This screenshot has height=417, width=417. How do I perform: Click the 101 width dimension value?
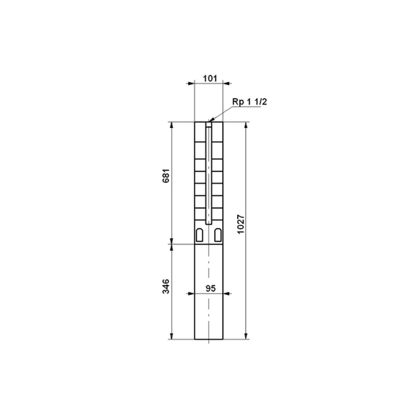pos(210,78)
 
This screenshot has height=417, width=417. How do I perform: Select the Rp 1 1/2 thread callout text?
pos(249,102)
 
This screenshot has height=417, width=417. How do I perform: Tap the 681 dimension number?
pos(165,176)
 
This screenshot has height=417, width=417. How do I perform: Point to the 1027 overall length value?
pos(241,224)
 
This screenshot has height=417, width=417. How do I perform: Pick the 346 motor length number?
pos(165,286)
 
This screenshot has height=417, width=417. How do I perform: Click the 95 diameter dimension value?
pos(211,288)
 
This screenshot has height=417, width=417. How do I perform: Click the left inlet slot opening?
pos(199,235)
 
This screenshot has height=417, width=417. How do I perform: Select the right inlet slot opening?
pos(218,235)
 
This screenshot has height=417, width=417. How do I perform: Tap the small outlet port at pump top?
pos(209,124)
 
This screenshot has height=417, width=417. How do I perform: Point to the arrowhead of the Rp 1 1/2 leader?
pos(211,120)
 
